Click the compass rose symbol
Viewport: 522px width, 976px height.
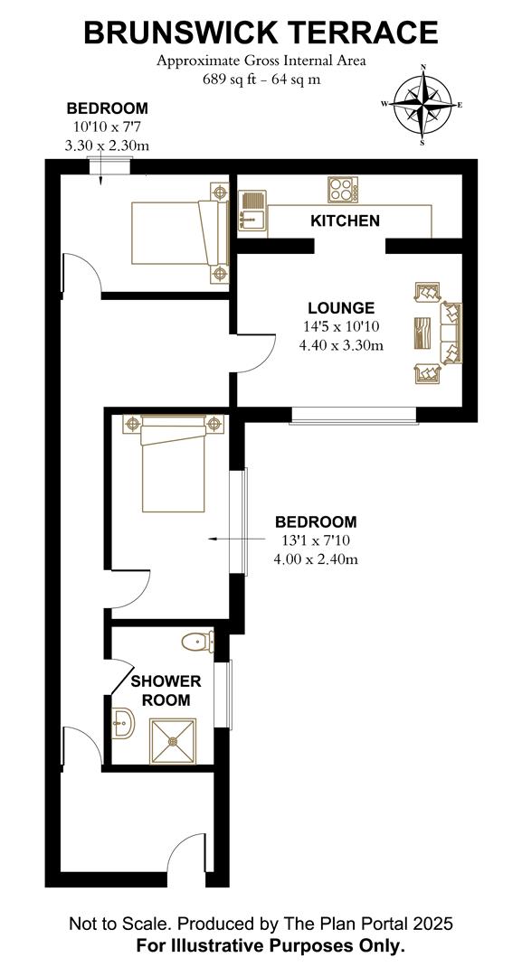pyautogui.click(x=422, y=104)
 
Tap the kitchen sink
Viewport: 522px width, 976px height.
pyautogui.click(x=252, y=211)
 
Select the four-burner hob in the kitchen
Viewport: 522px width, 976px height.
pyautogui.click(x=342, y=190)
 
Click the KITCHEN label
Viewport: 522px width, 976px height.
pyautogui.click(x=345, y=221)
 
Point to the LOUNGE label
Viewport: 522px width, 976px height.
pyautogui.click(x=340, y=308)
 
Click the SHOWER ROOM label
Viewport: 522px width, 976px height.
pyautogui.click(x=166, y=690)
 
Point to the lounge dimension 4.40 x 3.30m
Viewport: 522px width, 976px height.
pyautogui.click(x=340, y=345)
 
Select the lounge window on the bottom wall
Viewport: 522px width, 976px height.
pyautogui.click(x=354, y=415)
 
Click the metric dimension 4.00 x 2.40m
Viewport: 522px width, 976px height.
pyautogui.click(x=316, y=559)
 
